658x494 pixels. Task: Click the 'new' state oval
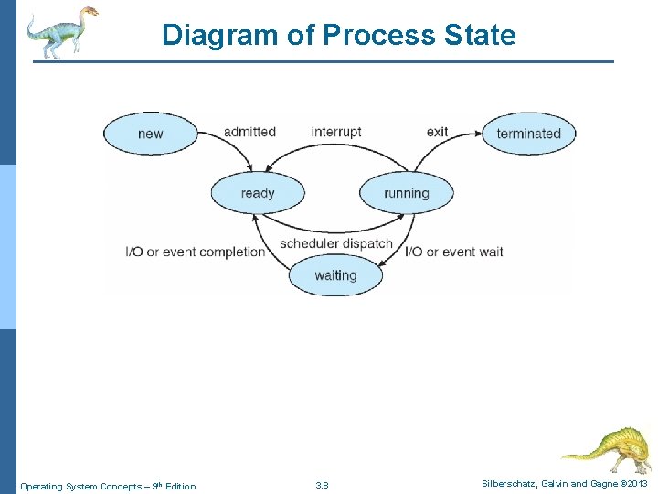coord(150,134)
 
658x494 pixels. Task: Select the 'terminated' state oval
coord(528,134)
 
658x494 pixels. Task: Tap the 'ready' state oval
coord(258,193)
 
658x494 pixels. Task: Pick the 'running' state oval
coord(406,193)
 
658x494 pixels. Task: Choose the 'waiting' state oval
coord(335,275)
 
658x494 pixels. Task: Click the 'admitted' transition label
coord(249,132)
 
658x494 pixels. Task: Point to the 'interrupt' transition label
coord(336,132)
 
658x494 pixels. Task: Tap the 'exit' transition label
coord(437,132)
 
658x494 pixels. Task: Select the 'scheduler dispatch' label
coord(335,243)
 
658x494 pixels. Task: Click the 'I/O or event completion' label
coord(196,252)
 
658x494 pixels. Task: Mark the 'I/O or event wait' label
coord(454,252)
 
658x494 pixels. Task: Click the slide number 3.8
coord(322,486)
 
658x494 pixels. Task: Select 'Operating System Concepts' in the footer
coord(80,486)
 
